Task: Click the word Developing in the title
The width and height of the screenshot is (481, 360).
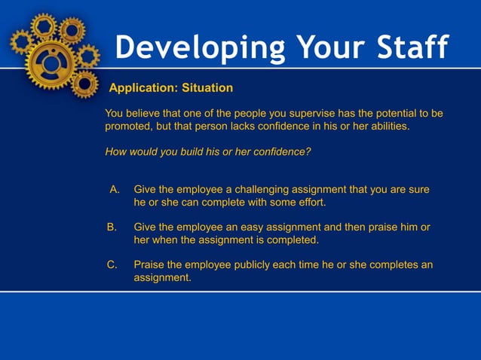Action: point(200,48)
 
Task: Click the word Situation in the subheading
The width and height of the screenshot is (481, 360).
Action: point(207,88)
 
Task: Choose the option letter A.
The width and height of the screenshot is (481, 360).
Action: point(115,190)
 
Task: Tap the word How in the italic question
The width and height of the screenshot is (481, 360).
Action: point(115,151)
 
